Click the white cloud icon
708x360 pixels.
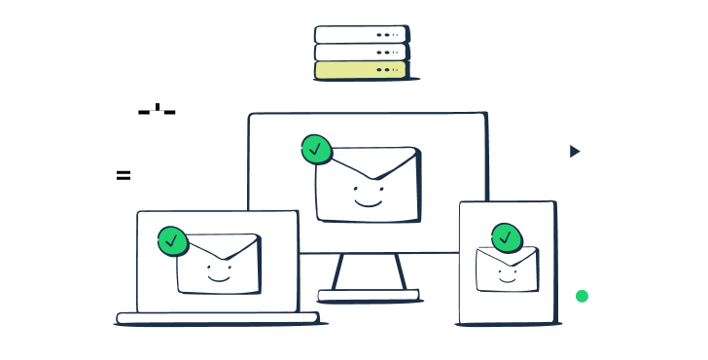(155, 90)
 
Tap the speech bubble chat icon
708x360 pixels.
(126, 176)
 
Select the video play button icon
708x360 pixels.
(573, 151)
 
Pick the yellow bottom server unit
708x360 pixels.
(360, 70)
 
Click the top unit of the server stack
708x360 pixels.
(360, 34)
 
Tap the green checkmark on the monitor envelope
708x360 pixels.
(316, 149)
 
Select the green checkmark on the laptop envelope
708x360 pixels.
(172, 240)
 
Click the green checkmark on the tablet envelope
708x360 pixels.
(506, 237)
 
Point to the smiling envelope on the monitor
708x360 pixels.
(368, 185)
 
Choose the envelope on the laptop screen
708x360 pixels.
(218, 264)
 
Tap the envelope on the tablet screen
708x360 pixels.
(507, 268)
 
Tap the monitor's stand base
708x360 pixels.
(369, 294)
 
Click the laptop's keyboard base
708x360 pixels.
(217, 317)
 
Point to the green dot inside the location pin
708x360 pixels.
(582, 296)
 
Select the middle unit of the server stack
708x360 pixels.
(360, 52)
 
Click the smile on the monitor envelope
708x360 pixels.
(368, 201)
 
